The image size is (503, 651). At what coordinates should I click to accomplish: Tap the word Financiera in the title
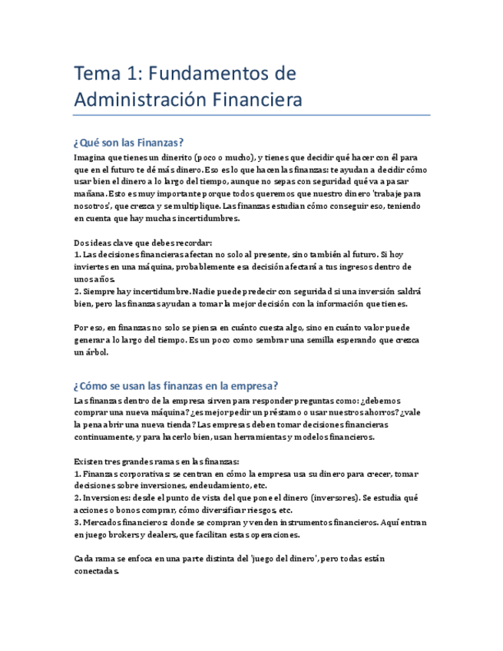click(x=254, y=100)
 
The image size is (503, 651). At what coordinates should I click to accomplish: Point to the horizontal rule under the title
click(x=251, y=116)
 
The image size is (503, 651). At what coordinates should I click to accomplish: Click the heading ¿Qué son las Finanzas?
click(x=129, y=142)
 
